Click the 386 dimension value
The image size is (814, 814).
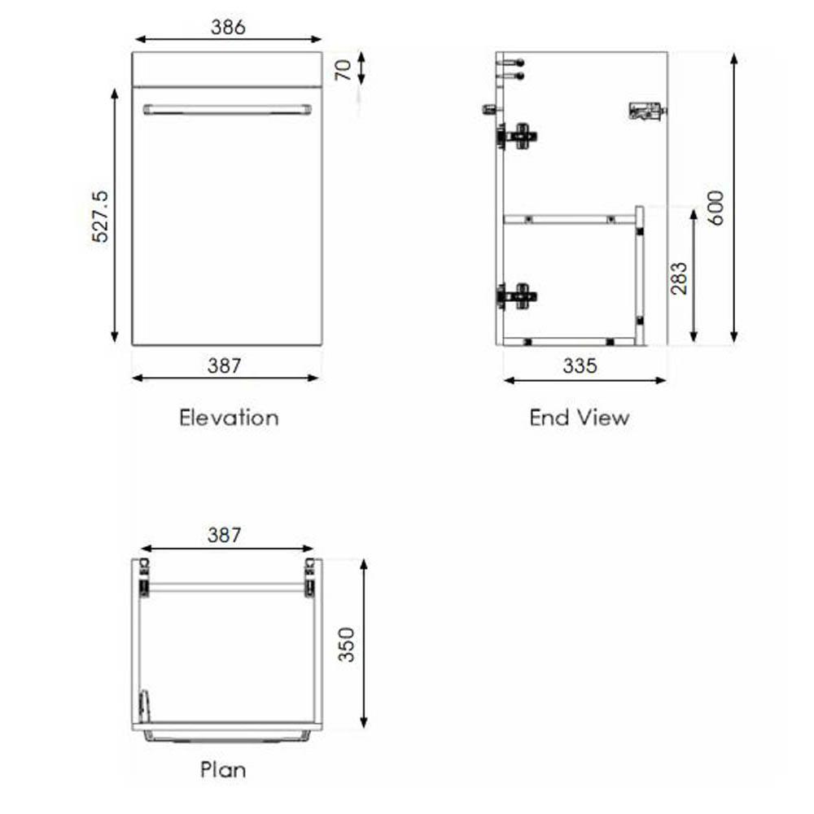pos(228,27)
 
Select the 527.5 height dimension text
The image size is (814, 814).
pos(100,217)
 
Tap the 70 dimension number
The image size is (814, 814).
pos(344,69)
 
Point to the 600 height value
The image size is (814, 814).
pos(716,208)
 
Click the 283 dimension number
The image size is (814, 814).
pos(679,278)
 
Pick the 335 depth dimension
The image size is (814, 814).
pos(580,365)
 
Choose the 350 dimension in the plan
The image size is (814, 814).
pos(346,645)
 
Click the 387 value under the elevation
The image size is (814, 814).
pos(225,365)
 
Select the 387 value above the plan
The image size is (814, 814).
pos(225,535)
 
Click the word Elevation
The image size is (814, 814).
pos(229,418)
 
